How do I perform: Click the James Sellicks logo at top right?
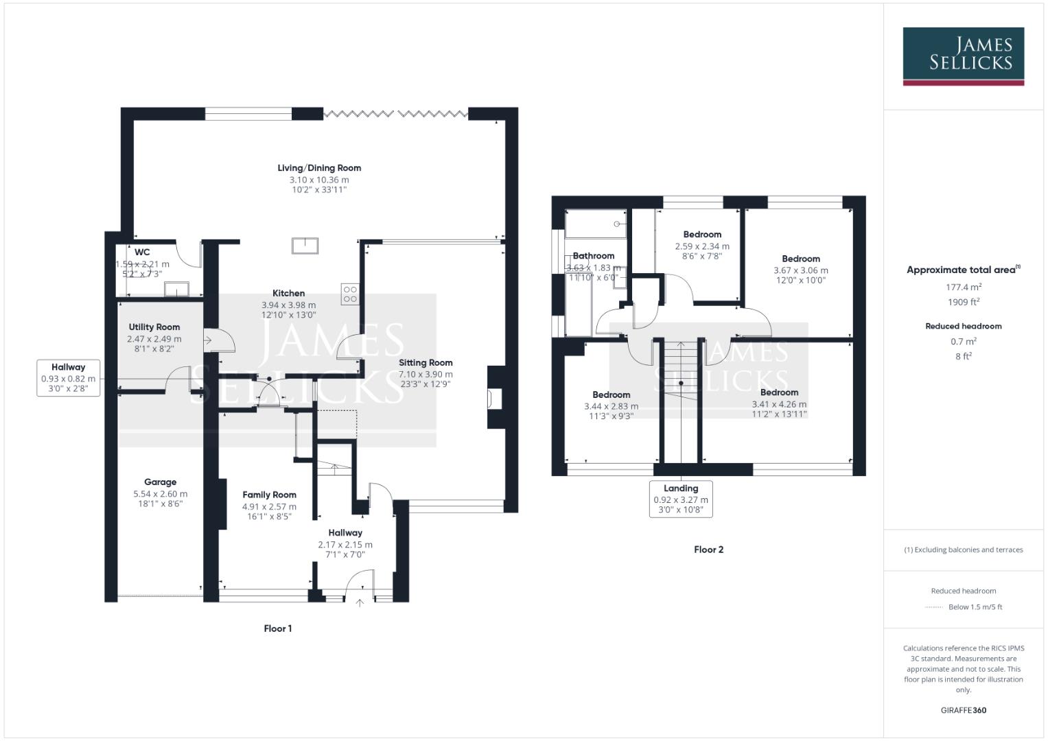click(963, 56)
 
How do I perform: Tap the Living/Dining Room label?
click(319, 168)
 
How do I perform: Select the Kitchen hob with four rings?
click(349, 294)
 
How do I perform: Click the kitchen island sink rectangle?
click(305, 245)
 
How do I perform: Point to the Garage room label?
click(160, 482)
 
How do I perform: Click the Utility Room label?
click(154, 327)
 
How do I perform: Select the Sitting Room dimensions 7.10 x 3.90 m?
click(426, 375)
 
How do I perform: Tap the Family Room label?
click(269, 495)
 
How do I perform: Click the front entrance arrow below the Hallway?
click(360, 603)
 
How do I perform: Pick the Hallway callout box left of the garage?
click(68, 378)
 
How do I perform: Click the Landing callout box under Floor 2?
click(681, 499)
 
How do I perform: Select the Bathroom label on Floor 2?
click(594, 256)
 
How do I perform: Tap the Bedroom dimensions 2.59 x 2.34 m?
click(702, 246)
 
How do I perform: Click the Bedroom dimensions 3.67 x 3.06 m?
click(800, 270)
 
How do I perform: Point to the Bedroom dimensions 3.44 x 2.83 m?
click(611, 406)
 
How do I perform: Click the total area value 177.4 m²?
click(963, 287)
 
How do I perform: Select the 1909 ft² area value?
click(963, 302)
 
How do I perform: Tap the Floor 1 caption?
click(278, 628)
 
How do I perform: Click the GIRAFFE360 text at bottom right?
click(963, 710)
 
